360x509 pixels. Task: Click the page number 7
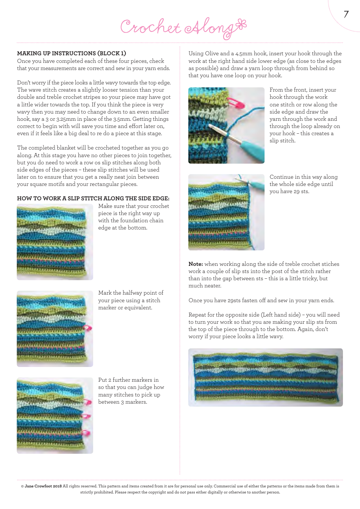pos(346,14)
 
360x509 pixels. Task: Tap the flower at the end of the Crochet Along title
pos(241,25)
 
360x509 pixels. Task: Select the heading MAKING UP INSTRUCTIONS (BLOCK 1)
pos(72,53)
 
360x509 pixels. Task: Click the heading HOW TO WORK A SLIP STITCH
pos(93,198)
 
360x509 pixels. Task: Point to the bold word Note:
pos(196,264)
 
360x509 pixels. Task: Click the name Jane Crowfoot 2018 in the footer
pos(43,486)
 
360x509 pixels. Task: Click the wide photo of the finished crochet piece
pos(265,378)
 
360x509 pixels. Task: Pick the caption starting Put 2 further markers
pos(131,391)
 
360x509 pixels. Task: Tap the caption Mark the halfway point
pos(131,300)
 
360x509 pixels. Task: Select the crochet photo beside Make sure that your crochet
pos(55,242)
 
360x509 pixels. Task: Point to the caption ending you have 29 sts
pos(303,184)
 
